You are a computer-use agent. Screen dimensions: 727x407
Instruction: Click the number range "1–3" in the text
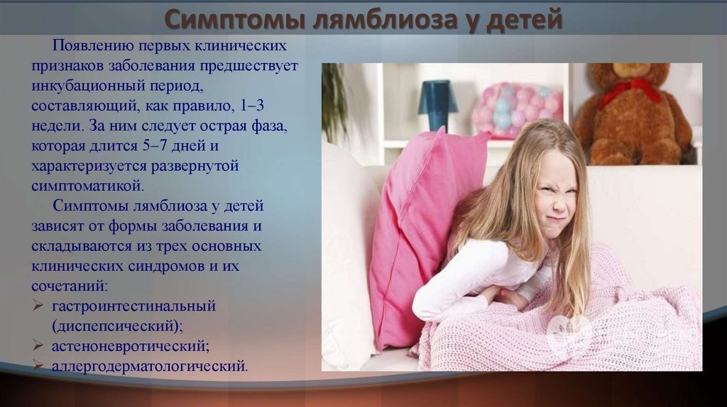tap(252, 106)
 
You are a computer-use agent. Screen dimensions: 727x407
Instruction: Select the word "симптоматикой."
tap(87, 186)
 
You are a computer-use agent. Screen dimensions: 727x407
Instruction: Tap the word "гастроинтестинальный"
tap(134, 306)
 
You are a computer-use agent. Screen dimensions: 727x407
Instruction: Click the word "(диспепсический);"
tap(118, 326)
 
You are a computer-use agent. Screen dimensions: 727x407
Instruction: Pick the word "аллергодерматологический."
tap(150, 367)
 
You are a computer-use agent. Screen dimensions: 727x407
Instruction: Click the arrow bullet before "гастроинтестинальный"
tap(38, 306)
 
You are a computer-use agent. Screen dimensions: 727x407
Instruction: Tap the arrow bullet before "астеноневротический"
tap(38, 345)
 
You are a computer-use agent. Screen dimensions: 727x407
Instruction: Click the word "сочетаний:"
tap(70, 286)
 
